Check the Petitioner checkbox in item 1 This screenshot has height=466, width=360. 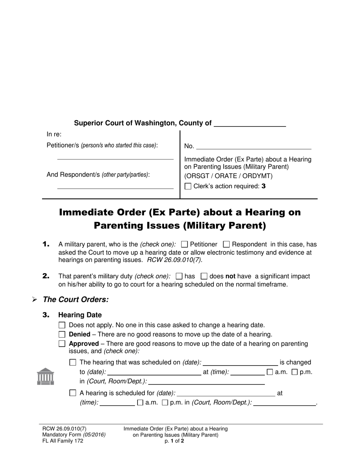pyautogui.click(x=185, y=244)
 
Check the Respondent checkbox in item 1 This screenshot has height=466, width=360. pyautogui.click(x=227, y=244)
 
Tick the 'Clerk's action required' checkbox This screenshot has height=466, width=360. pyautogui.click(x=188, y=186)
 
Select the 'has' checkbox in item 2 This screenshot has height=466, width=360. pyautogui.click(x=180, y=276)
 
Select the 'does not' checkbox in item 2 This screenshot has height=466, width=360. pyautogui.click(x=204, y=276)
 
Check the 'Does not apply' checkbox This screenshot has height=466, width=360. pyautogui.click(x=62, y=325)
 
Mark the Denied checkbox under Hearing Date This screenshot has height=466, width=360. pyautogui.click(x=62, y=335)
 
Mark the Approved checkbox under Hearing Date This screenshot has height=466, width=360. pyautogui.click(x=62, y=344)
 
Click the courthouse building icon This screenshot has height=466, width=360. pyautogui.click(x=45, y=376)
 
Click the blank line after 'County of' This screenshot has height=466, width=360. pyautogui.click(x=250, y=124)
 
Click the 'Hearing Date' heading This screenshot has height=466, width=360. pyautogui.click(x=80, y=315)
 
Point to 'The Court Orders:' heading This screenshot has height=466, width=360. pyautogui.click(x=76, y=299)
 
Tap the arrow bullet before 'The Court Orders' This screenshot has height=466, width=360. pyautogui.click(x=34, y=300)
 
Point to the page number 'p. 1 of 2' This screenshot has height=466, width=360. pyautogui.click(x=175, y=441)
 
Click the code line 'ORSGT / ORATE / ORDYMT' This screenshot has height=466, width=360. pyautogui.click(x=228, y=176)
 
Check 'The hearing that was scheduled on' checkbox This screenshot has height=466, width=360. pyautogui.click(x=73, y=363)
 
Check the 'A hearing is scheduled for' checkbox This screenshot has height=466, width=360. pyautogui.click(x=73, y=393)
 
